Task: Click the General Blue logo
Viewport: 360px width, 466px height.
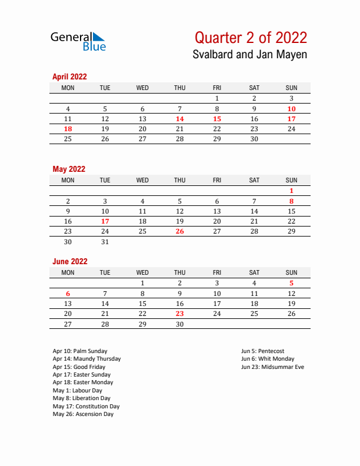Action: click(78, 41)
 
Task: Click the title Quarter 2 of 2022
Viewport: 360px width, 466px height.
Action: click(251, 38)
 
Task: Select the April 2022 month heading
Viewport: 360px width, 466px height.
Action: click(69, 76)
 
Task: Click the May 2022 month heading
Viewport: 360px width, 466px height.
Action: click(69, 169)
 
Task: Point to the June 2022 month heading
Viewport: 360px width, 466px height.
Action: click(70, 261)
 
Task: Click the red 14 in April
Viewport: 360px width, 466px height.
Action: click(179, 119)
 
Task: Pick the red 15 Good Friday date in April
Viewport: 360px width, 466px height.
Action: click(217, 119)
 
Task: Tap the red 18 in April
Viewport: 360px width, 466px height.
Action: click(68, 129)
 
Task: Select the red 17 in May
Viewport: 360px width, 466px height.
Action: click(105, 221)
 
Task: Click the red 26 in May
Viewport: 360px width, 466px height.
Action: click(179, 231)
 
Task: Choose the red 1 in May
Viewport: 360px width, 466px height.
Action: click(291, 191)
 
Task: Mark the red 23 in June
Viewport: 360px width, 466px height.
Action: click(179, 314)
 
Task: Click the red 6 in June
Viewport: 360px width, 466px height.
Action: click(68, 294)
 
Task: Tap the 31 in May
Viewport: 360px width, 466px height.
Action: click(105, 242)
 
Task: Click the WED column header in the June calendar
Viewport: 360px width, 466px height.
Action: click(142, 272)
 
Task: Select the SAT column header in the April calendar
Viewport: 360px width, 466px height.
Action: click(254, 88)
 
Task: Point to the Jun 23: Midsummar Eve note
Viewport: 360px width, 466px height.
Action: click(272, 367)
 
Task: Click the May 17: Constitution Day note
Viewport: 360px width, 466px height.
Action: click(86, 406)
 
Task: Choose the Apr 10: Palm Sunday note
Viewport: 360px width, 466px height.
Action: click(80, 351)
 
